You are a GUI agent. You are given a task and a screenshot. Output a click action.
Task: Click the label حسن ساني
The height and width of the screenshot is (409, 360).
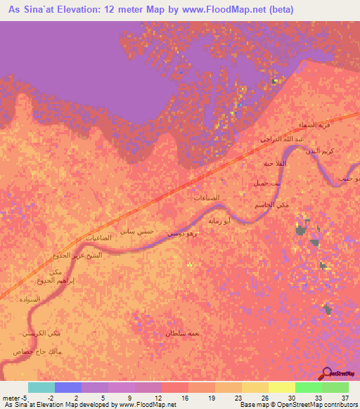(137, 231)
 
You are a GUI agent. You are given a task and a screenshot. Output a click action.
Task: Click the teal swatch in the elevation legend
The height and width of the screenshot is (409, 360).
(41, 387)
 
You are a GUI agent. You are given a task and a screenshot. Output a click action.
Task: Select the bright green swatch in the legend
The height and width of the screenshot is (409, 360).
(309, 387)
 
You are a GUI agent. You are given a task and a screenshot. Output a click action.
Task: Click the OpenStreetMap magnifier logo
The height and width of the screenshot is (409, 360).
(326, 373)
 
